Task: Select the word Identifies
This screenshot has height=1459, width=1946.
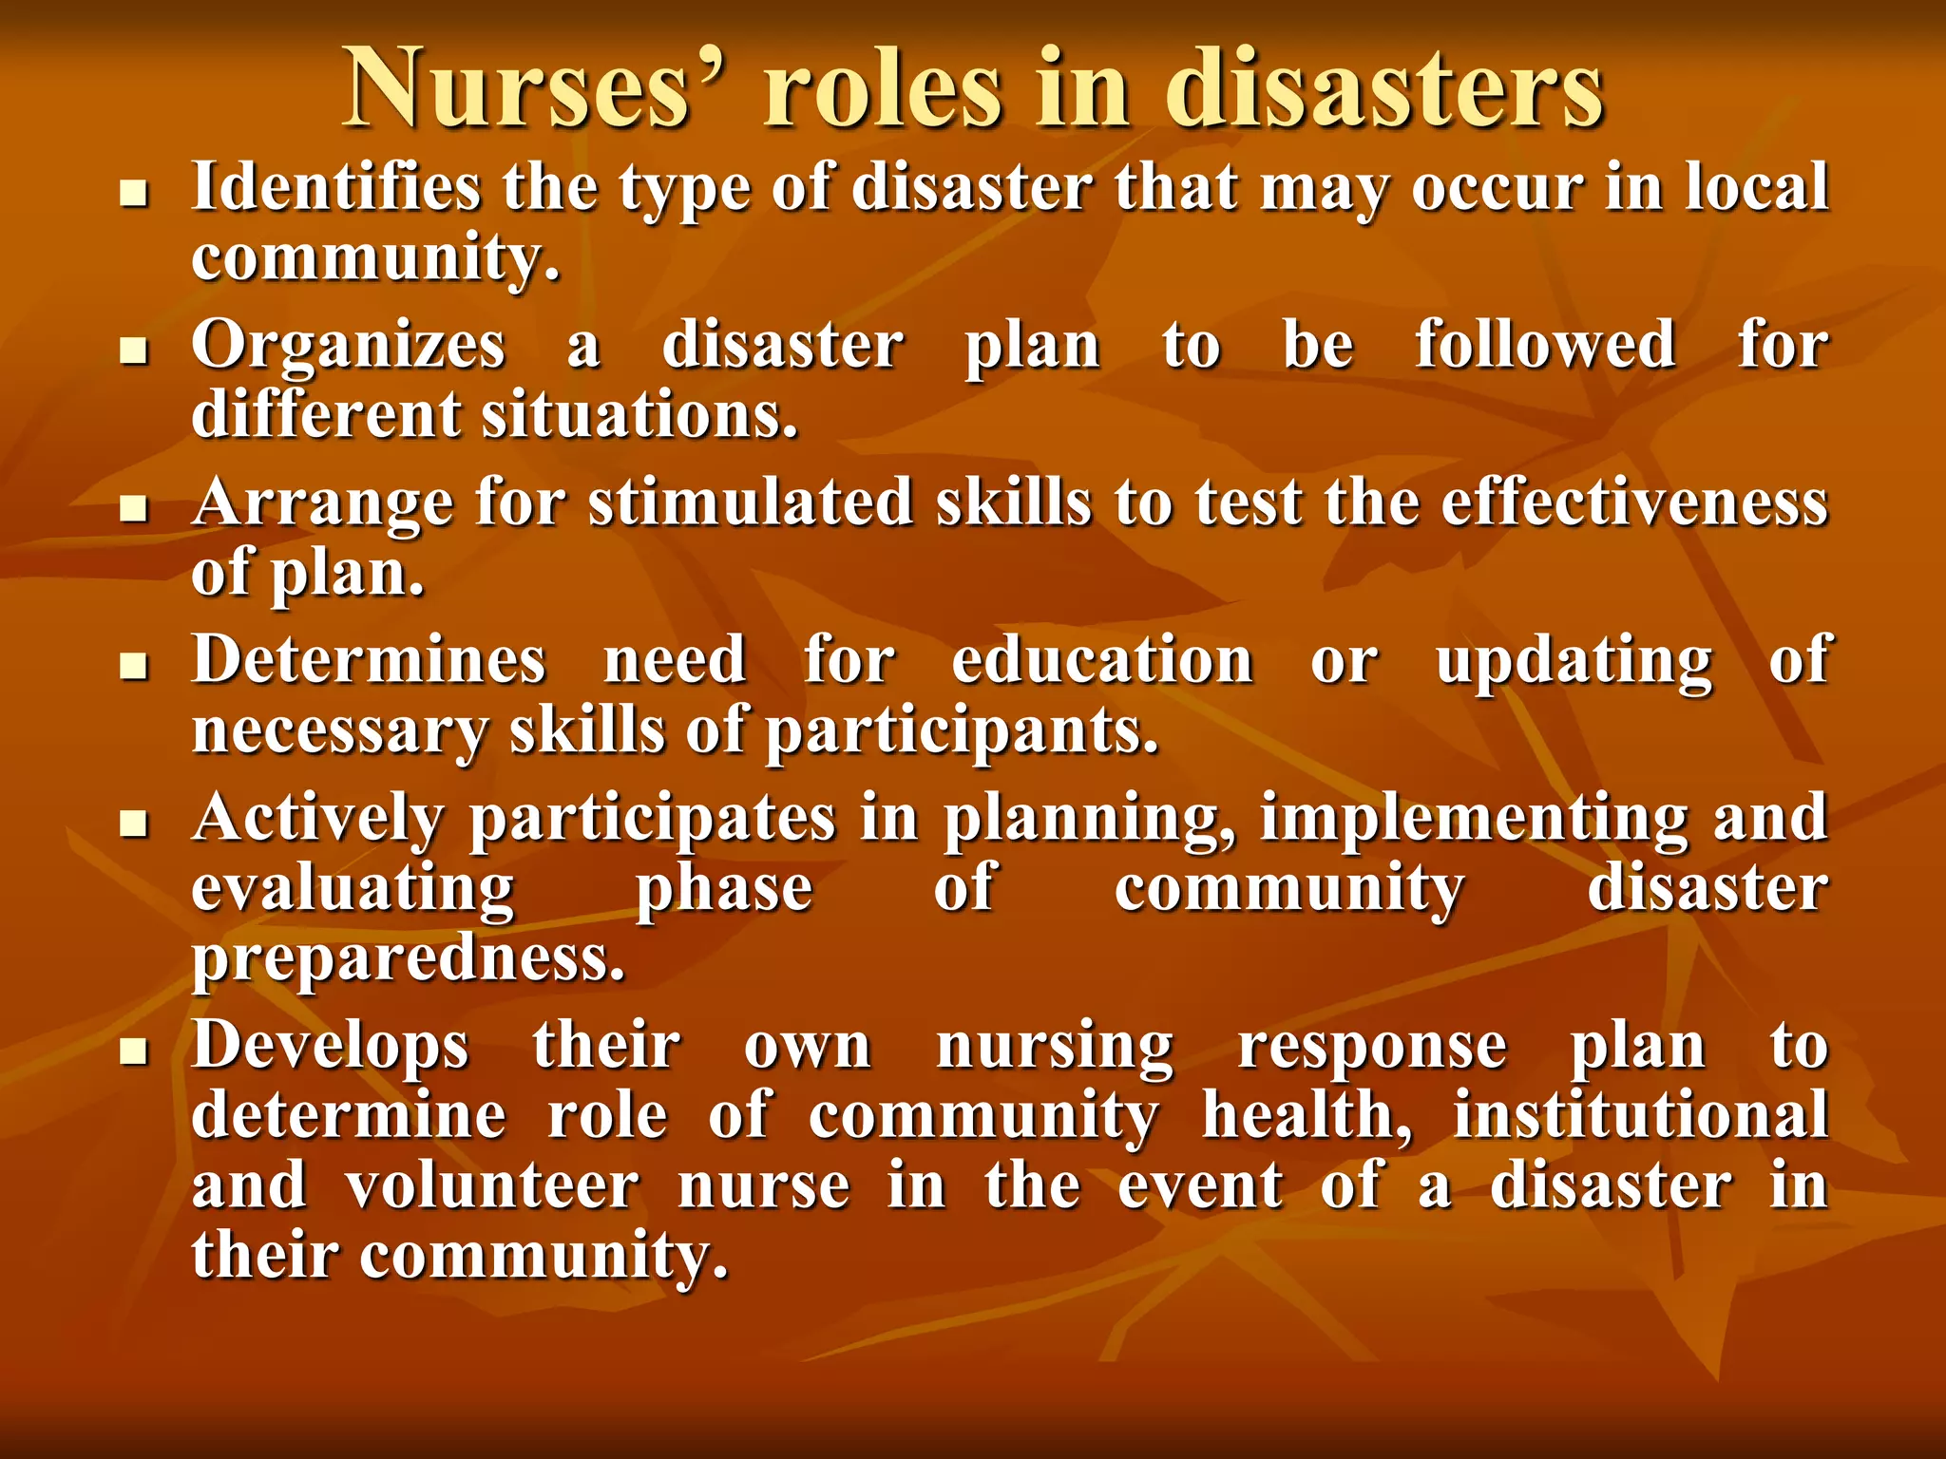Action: [336, 186]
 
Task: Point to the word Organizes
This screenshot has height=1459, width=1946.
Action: [348, 345]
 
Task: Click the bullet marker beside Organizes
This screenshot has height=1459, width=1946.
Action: [135, 352]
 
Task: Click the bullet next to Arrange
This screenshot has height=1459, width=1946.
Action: [135, 510]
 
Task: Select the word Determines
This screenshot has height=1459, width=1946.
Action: [369, 659]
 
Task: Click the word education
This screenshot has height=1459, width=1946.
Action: [1102, 659]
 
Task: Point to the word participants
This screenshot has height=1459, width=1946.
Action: [962, 731]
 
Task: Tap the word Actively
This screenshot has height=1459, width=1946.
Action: [318, 818]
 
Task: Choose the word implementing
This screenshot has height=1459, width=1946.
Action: [1474, 818]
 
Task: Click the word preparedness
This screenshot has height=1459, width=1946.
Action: [409, 959]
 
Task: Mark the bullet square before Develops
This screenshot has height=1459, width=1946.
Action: [135, 1052]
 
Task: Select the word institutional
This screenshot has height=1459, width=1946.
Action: [1640, 1115]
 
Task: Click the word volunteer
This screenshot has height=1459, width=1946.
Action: [492, 1186]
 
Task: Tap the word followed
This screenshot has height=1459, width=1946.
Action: [1545, 345]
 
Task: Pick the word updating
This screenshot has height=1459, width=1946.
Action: [1574, 659]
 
